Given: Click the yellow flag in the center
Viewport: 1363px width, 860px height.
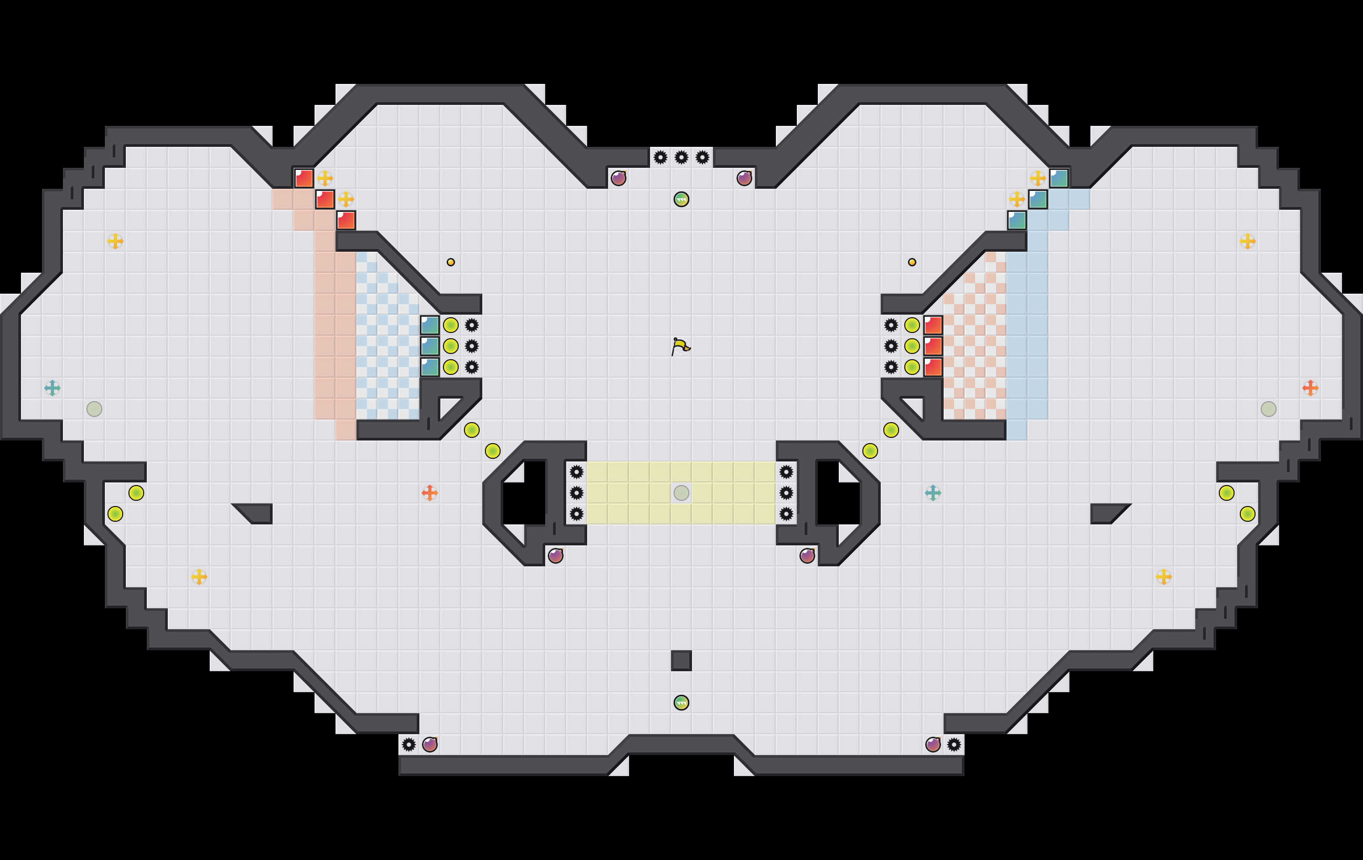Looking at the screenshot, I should [680, 346].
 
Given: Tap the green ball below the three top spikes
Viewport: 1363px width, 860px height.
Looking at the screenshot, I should [682, 199].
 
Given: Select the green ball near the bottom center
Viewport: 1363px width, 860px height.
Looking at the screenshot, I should [682, 703].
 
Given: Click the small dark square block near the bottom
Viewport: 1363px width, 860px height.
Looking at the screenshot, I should [682, 661].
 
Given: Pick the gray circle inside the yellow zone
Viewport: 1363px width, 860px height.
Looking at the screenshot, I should [682, 493].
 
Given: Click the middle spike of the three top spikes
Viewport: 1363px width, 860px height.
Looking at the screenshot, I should [682, 157].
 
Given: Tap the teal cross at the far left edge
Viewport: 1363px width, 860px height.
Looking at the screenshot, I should [52, 388].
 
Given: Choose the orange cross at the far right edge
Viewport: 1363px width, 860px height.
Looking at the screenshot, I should [1311, 388].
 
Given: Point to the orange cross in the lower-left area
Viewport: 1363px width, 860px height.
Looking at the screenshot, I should [430, 493].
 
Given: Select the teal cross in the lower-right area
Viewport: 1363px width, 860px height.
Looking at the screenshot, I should [933, 493].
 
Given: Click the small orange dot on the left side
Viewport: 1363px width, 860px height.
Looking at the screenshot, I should [450, 262].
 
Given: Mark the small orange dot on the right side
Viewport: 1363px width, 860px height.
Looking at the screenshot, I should [912, 262].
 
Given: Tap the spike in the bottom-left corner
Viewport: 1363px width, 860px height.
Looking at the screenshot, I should [409, 745].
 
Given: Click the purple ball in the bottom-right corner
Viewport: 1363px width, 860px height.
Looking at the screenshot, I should [933, 745].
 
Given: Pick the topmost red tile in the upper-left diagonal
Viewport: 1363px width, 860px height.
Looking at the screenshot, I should [304, 178].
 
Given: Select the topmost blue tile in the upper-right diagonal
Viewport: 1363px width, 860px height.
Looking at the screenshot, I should [1058, 178].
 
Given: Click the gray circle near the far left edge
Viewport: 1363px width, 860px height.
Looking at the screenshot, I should [94, 409].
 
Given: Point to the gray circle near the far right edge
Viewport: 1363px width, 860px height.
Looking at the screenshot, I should [1269, 409].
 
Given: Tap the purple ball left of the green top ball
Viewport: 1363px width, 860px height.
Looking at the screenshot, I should [619, 178].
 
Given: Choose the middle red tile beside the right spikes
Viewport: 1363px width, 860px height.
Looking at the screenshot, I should [933, 346].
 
